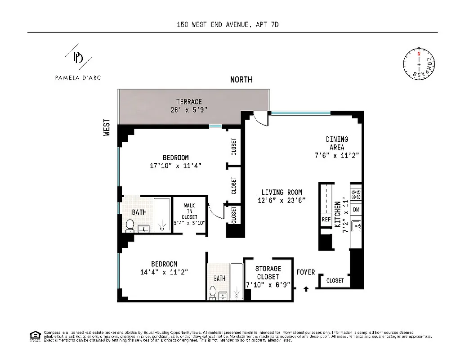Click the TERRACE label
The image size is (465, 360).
(189, 102)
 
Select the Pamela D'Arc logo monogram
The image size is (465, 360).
(78, 58)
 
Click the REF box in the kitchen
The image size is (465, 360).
(326, 220)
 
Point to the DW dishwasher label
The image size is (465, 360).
(356, 210)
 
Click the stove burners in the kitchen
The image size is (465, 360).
(356, 194)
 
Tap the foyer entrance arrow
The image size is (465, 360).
(307, 288)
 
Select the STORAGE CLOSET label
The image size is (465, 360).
(268, 273)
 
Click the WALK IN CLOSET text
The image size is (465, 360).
(189, 211)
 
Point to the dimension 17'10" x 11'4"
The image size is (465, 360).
(175, 166)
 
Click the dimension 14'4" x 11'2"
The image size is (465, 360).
(164, 272)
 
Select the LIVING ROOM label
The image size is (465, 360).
(282, 192)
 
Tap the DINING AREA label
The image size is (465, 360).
(337, 143)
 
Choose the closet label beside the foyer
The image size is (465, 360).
(335, 281)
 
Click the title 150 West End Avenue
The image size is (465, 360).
(228, 25)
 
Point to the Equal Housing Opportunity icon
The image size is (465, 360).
(34, 336)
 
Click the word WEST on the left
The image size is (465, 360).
(107, 127)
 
